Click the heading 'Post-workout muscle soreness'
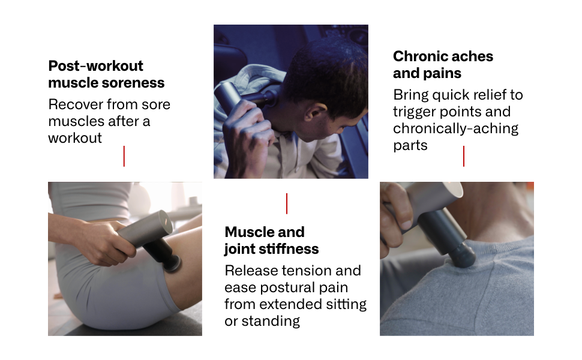click(x=106, y=74)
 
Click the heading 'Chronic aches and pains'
click(x=443, y=65)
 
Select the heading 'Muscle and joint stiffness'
click(x=271, y=240)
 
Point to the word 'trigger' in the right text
click(x=414, y=112)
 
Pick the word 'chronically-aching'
click(x=455, y=128)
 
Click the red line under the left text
click(x=124, y=156)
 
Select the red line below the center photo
click(x=287, y=203)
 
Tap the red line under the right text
click(x=464, y=156)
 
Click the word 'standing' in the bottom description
click(x=271, y=321)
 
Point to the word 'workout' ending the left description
click(x=75, y=138)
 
